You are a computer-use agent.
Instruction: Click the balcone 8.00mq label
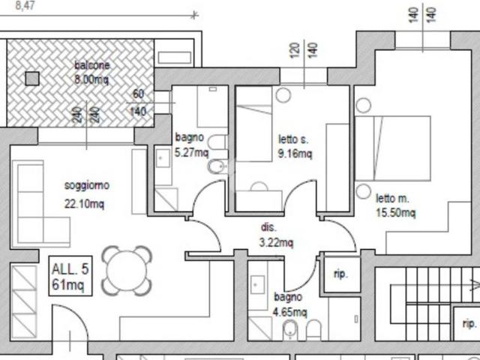[91, 72]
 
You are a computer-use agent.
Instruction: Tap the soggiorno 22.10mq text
[87, 194]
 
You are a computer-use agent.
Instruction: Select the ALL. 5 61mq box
[70, 276]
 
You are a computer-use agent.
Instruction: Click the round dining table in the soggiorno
[127, 271]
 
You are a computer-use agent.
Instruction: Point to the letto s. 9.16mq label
[295, 146]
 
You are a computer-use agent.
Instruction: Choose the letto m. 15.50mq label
[395, 205]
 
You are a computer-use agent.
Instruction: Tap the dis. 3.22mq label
[276, 235]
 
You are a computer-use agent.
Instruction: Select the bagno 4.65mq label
[289, 304]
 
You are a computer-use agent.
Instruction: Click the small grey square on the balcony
[32, 79]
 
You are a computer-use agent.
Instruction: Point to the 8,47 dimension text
[25, 5]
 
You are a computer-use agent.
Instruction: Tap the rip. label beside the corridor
[340, 274]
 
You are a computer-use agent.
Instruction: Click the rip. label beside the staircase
[469, 323]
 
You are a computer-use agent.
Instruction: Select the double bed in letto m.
[393, 148]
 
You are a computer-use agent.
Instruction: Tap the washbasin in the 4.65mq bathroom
[257, 285]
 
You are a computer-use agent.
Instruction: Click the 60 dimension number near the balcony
[138, 94]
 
